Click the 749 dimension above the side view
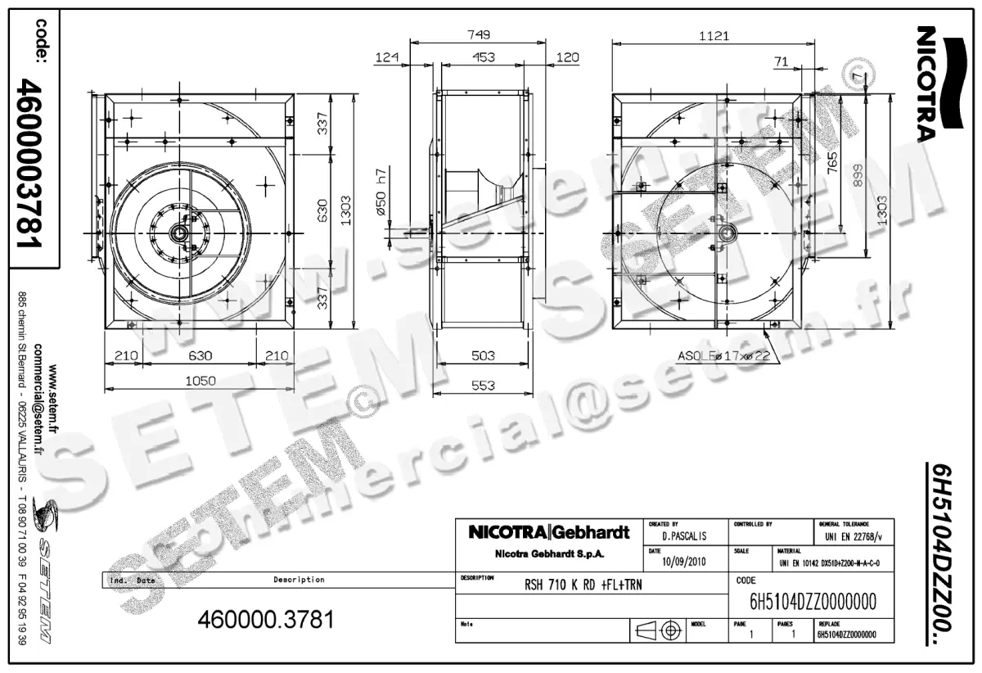coord(480,34)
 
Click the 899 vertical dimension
coord(858,174)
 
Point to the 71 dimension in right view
coord(781,61)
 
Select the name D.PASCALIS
coord(685,536)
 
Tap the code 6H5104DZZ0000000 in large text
coord(813,602)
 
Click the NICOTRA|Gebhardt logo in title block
coord(547,533)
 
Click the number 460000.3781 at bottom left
coord(266,620)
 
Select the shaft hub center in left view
coord(178,233)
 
